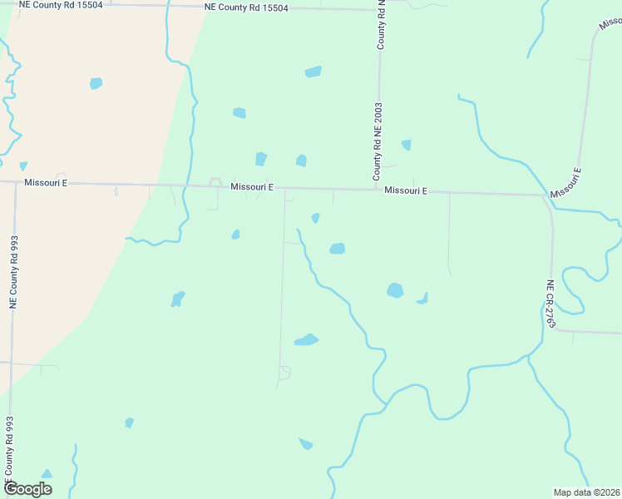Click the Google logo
point(27,489)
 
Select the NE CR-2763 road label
point(550,304)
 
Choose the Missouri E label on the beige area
point(46,182)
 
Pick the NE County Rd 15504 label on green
point(246,8)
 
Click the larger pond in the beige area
point(96,83)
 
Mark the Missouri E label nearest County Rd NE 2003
point(406,190)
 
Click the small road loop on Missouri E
point(215,181)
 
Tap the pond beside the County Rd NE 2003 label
point(406,145)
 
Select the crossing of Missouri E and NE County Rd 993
point(16,182)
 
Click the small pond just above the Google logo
point(47,474)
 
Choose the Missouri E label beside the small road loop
point(252,187)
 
